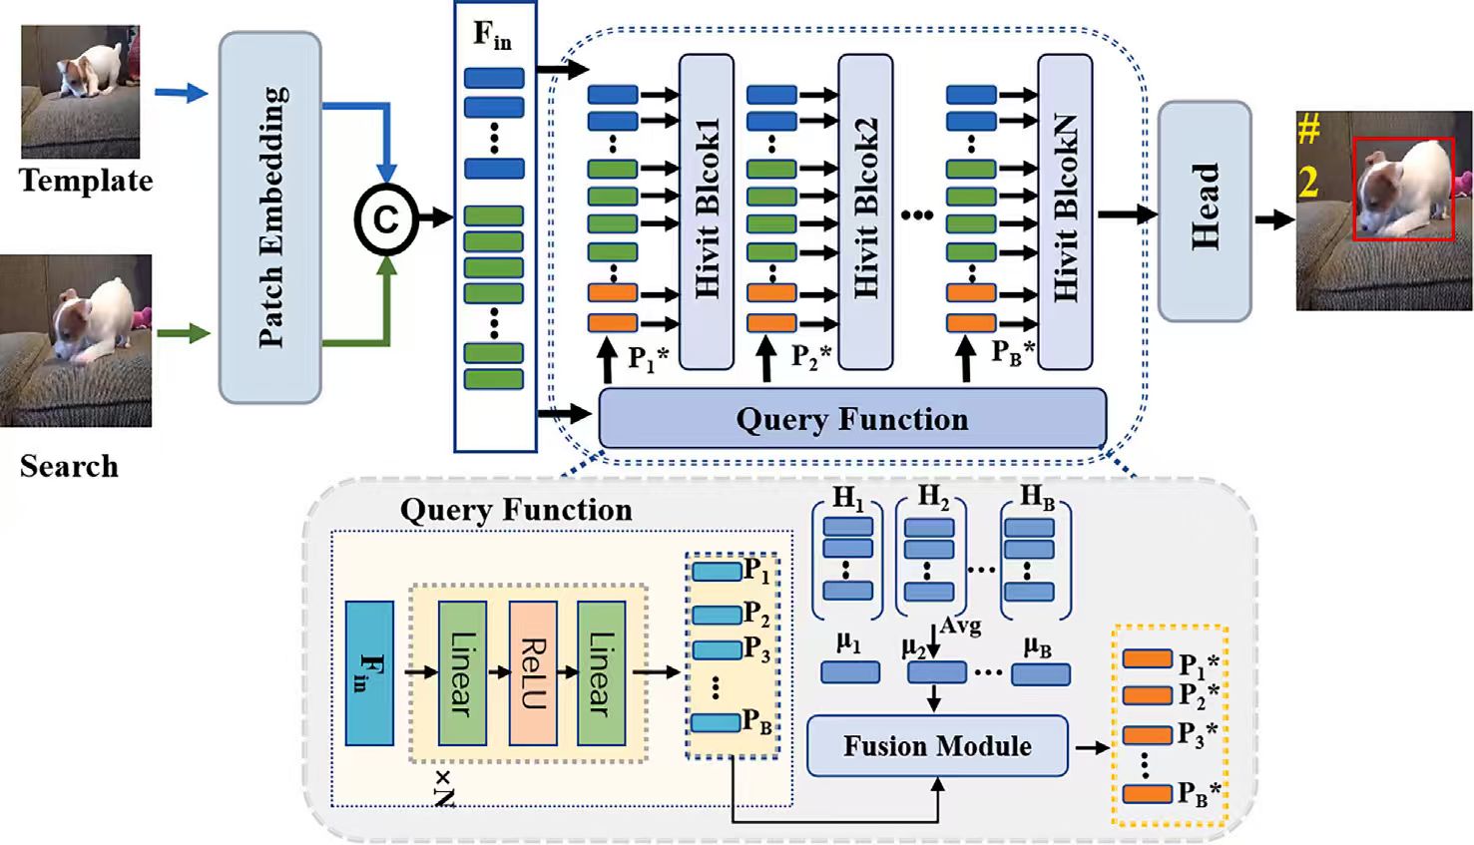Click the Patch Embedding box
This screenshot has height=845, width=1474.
tap(269, 216)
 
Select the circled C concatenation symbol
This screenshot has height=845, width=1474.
tap(385, 218)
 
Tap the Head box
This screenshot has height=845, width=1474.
tap(1204, 211)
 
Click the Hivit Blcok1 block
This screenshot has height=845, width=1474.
tap(707, 211)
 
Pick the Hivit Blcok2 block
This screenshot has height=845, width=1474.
tap(865, 211)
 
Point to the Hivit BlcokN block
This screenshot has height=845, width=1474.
tap(1065, 211)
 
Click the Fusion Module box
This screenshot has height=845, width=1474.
tap(936, 746)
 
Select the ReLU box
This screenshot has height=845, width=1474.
tap(533, 673)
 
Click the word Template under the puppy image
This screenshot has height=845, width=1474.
tap(86, 181)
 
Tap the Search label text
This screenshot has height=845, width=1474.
tap(69, 466)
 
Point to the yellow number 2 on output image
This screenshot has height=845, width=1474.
tap(1308, 183)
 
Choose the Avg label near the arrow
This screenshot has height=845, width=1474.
tap(960, 626)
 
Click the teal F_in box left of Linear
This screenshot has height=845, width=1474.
tap(369, 673)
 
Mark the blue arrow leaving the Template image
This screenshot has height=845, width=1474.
tap(181, 93)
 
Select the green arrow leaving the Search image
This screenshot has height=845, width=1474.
tap(181, 333)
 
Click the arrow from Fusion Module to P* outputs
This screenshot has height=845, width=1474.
tap(1090, 746)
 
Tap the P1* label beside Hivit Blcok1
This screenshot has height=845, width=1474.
tap(647, 358)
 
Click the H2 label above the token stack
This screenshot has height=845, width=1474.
tap(933, 496)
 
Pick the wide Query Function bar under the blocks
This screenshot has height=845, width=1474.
tap(851, 419)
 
